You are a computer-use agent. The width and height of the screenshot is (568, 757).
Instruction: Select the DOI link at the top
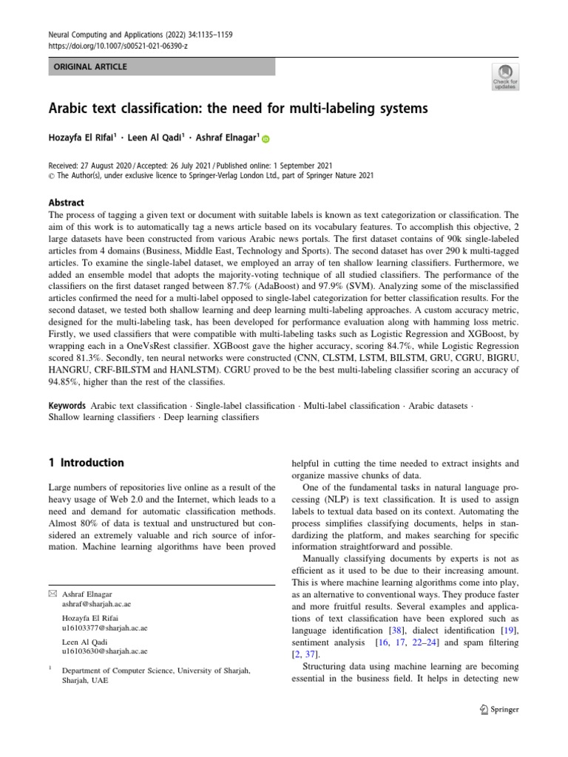tap(118, 44)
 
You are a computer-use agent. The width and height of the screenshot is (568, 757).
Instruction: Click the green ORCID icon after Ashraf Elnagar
tap(266, 139)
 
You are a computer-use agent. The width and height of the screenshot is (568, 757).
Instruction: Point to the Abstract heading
tap(67, 203)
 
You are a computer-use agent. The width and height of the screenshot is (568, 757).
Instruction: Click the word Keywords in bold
tap(68, 407)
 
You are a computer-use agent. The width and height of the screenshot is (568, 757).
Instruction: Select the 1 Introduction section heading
tap(86, 463)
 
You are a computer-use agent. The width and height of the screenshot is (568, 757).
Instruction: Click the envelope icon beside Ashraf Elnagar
tap(52, 594)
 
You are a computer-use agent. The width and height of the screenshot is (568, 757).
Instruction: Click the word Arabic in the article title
tap(75, 109)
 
